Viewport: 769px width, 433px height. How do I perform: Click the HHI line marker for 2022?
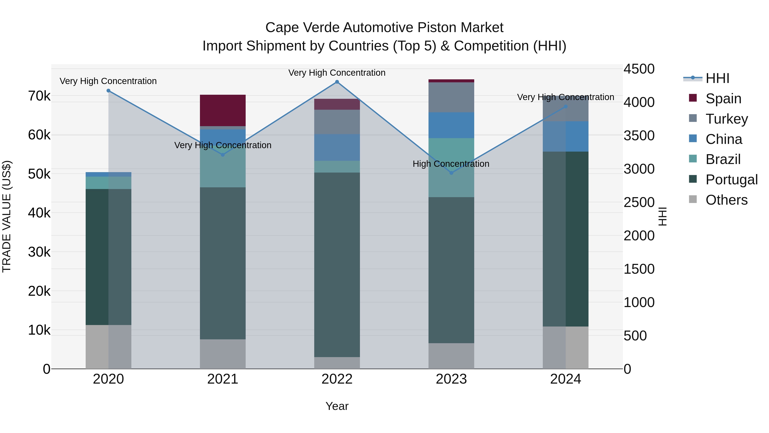coord(337,82)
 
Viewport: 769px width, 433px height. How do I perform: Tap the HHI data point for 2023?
coord(451,173)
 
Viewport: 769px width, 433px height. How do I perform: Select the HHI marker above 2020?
coord(108,90)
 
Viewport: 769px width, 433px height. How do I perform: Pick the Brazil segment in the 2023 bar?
coord(451,167)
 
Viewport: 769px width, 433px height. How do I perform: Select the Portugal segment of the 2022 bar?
coord(337,265)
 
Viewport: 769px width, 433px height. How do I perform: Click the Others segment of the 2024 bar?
coord(565,347)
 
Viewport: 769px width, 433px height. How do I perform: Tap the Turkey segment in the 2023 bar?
coord(451,97)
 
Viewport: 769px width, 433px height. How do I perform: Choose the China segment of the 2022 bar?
coord(337,147)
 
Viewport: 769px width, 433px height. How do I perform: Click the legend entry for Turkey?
coord(727,119)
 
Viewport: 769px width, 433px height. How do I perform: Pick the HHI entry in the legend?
coord(717,78)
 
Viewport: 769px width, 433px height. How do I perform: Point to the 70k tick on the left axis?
coord(39,96)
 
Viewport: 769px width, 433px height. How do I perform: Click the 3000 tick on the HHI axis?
coord(639,169)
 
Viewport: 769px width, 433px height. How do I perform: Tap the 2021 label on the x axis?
coord(223,379)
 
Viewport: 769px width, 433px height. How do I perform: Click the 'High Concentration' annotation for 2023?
coord(451,164)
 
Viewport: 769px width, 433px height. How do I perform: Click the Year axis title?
coord(337,406)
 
